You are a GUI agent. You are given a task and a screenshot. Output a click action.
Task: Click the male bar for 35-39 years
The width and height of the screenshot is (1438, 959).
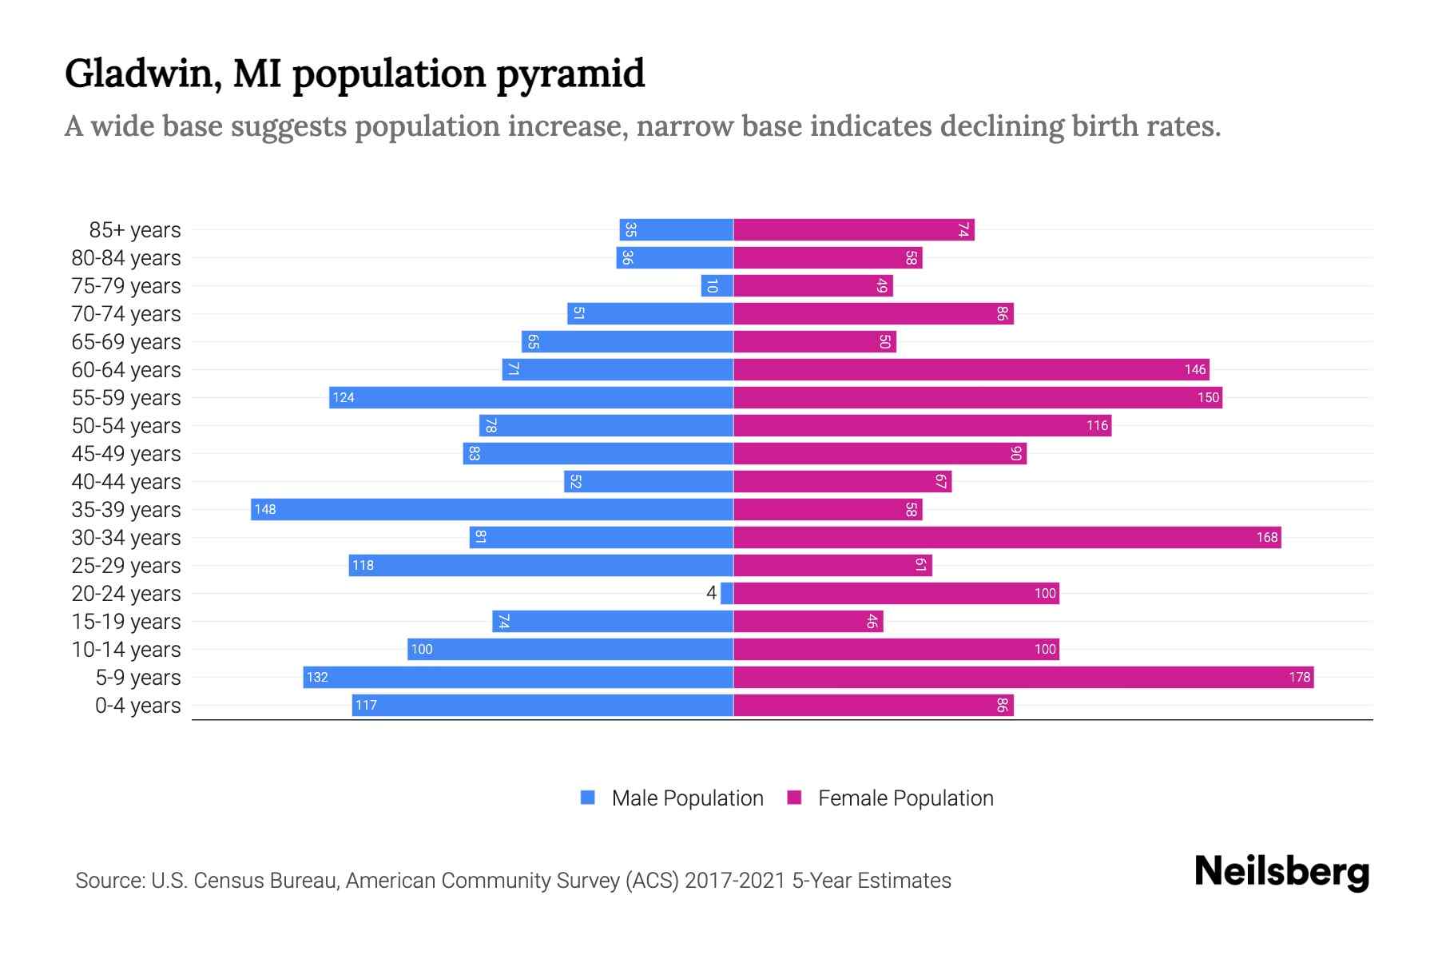491,509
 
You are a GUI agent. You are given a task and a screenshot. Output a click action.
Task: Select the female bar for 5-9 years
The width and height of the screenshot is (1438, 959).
1023,677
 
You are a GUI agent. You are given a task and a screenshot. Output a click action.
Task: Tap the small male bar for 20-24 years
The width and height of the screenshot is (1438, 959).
727,593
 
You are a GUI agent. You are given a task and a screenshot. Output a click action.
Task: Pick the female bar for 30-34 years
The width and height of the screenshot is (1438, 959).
1007,537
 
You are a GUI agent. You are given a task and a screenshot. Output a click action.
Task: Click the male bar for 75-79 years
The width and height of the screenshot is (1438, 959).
717,285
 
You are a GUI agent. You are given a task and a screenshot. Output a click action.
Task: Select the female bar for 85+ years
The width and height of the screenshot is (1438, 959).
853,229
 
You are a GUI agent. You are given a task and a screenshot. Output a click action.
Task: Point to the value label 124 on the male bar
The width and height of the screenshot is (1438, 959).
344,397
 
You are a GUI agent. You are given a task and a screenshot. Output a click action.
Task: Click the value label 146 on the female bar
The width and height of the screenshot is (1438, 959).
1195,369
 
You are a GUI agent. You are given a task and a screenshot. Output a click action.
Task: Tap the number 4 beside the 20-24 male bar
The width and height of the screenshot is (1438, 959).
711,593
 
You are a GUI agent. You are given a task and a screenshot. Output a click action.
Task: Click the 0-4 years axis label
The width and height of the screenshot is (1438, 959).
137,705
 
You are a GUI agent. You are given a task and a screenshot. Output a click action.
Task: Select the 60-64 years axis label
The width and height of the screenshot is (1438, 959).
126,369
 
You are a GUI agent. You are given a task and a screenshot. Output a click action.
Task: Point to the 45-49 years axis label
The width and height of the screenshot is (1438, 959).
126,453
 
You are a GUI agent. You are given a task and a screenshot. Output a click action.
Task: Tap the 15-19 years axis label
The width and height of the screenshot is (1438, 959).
126,621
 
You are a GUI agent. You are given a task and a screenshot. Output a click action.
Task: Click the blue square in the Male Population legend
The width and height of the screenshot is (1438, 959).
588,798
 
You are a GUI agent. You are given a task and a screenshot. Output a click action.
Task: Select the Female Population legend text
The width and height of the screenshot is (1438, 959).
905,798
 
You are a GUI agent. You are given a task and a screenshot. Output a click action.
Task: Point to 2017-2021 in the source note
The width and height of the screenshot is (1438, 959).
735,880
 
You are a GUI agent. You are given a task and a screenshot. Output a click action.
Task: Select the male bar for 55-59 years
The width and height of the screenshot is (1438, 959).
531,397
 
